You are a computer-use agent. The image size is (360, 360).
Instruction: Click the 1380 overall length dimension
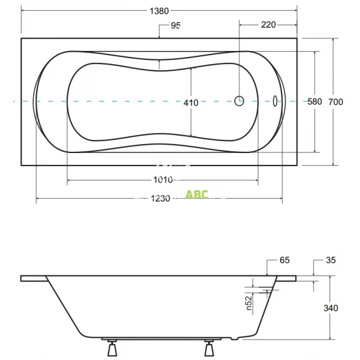(159, 10)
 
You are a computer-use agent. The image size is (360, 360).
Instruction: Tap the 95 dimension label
(176, 25)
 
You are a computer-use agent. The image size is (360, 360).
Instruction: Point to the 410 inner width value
(191, 103)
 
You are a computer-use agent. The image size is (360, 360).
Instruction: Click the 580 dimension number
(315, 102)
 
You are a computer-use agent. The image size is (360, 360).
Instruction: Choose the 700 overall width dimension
(335, 102)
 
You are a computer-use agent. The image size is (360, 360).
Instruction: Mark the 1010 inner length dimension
(163, 179)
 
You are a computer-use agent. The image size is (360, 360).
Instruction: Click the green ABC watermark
(197, 194)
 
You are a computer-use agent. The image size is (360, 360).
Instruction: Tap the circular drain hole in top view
(239, 101)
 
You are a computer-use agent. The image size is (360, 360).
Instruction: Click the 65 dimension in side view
(284, 260)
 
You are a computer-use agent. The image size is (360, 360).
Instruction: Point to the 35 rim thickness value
(331, 260)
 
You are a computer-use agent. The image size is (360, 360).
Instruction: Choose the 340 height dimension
(331, 308)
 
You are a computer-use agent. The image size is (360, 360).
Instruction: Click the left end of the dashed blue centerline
(15, 101)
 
